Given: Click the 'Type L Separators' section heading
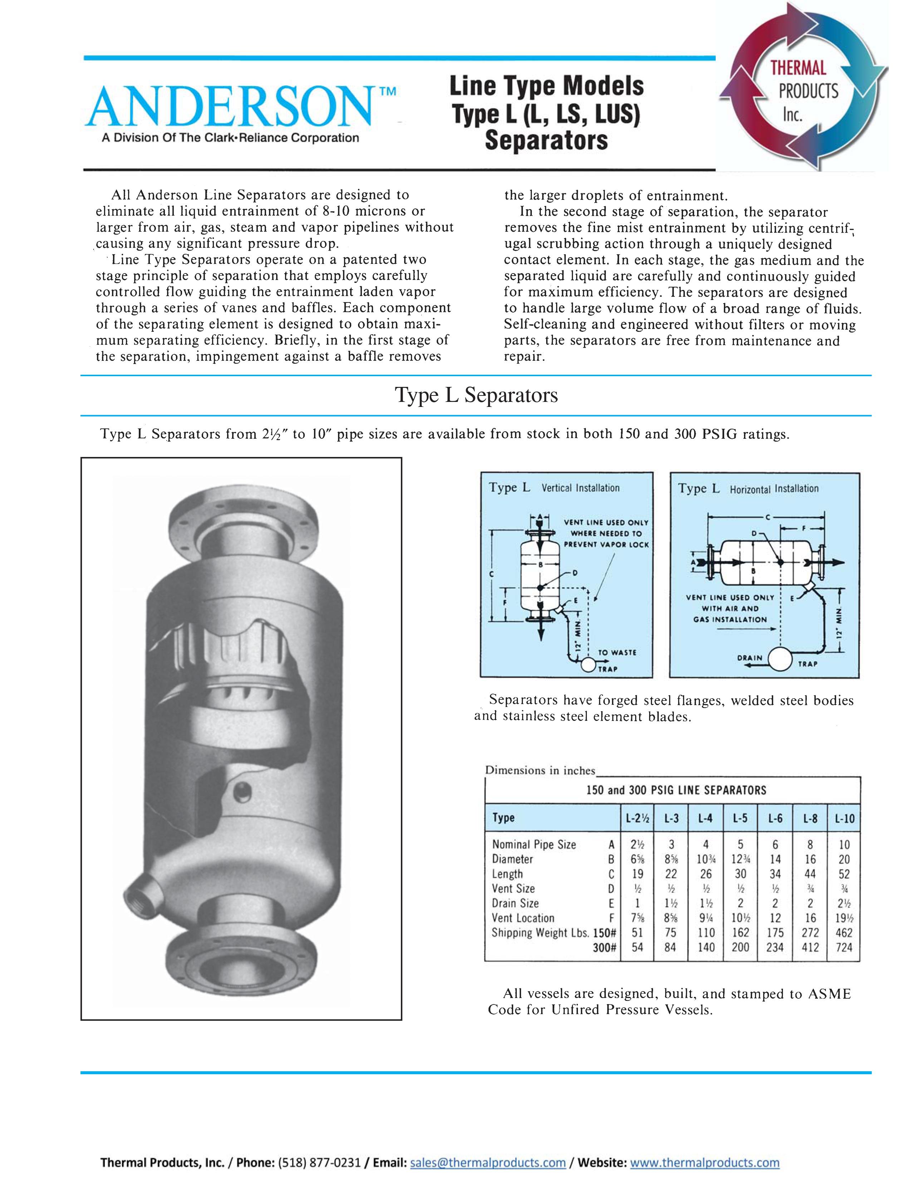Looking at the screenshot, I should [x=476, y=395].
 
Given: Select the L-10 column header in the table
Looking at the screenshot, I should [x=844, y=818].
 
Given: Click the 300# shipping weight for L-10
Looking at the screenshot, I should [x=844, y=947].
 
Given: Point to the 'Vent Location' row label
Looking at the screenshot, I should [x=523, y=918].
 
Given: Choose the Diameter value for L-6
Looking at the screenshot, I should [x=775, y=859].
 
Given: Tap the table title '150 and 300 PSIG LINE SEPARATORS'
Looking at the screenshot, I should [x=676, y=791].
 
